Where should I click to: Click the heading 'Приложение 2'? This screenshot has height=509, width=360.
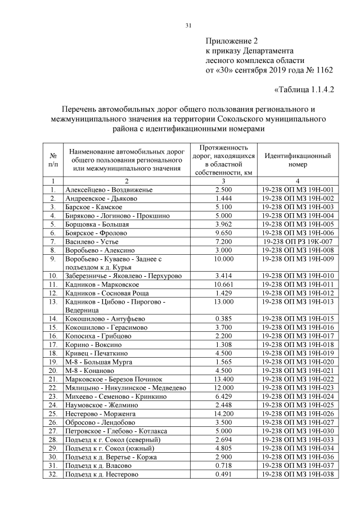tap(231, 41)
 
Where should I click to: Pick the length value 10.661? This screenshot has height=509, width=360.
tap(223, 285)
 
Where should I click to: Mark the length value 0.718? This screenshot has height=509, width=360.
tap(223, 466)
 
